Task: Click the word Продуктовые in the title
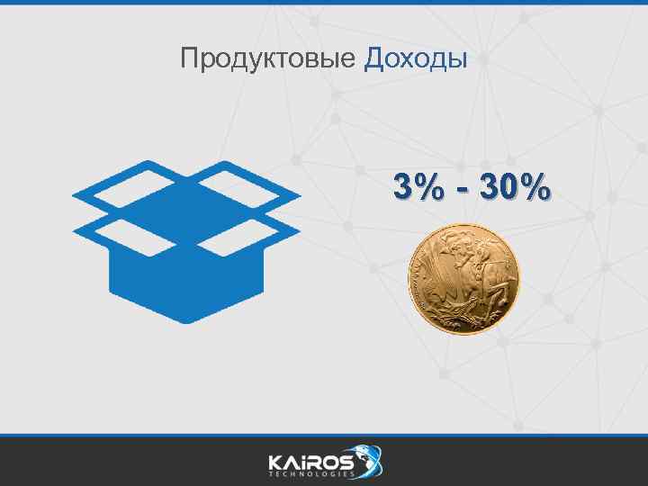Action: pyautogui.click(x=268, y=59)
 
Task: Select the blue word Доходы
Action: pyautogui.click(x=416, y=59)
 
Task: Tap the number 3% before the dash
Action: pyautogui.click(x=417, y=189)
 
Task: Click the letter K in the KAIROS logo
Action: pyautogui.click(x=275, y=461)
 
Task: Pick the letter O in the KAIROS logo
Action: pyautogui.click(x=329, y=461)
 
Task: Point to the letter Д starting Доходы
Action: pyautogui.click(x=374, y=59)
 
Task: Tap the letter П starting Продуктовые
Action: pyautogui.click(x=187, y=59)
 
